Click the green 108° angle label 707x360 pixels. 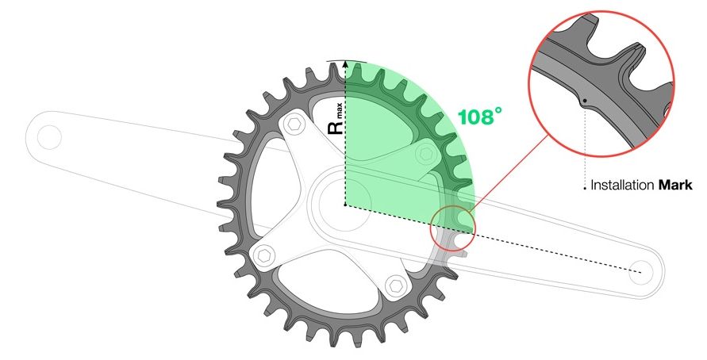(479, 117)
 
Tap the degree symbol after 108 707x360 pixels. (497, 113)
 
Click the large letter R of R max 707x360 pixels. (334, 128)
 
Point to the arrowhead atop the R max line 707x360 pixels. (346, 63)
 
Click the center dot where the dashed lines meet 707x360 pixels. (345, 205)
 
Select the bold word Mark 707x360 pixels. (675, 186)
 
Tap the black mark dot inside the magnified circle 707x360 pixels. (584, 101)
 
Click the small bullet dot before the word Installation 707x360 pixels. (585, 188)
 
